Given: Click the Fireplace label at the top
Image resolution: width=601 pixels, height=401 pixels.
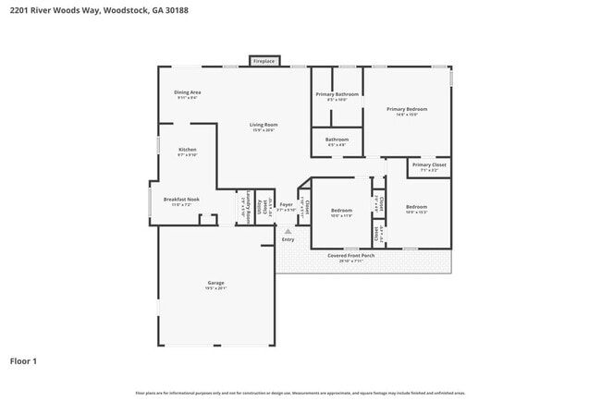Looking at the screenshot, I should coord(264,62).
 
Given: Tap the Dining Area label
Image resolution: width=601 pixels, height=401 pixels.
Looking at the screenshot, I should coord(188,92).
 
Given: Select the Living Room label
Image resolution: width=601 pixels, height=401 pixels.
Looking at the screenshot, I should coord(264,125).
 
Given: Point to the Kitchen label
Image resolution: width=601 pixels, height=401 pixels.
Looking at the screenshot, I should coord(188,150).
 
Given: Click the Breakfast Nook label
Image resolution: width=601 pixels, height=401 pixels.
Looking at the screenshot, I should coord(180,199).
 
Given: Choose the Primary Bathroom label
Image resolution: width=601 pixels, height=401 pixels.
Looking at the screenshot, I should coord(337,94).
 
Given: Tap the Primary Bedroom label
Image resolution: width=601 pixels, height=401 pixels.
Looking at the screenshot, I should coord(408,109).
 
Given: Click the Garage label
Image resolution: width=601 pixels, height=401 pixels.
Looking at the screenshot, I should coord(215,283).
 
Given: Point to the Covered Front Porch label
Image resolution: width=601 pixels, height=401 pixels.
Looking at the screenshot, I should coord(356,255).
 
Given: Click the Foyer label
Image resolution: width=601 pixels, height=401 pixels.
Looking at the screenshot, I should coord(287,205).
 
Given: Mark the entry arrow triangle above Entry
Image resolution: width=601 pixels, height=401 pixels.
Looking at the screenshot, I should coord(288,231).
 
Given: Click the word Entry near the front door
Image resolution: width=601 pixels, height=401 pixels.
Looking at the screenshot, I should coord(288,239).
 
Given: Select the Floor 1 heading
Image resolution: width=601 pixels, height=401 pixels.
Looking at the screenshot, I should coord(23,360).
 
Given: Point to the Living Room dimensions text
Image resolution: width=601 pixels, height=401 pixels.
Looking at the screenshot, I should coord(264,130).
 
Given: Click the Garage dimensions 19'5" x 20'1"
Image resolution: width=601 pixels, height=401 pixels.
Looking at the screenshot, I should coord(215,288).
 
